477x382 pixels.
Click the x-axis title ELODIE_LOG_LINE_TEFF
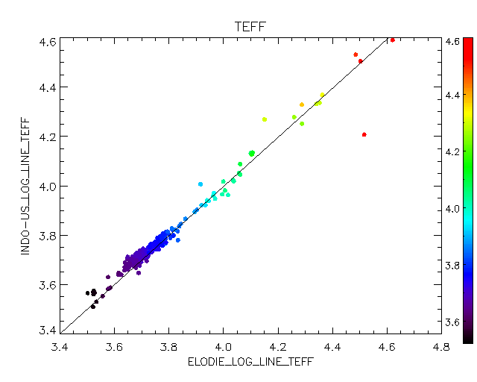click(250, 362)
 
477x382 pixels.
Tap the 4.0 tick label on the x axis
click(223, 347)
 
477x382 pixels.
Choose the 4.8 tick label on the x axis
click(440, 347)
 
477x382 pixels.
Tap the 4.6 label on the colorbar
click(452, 43)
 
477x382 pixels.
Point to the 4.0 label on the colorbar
click(452, 209)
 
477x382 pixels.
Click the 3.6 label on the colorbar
click(452, 322)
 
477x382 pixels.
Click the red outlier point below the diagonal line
click(364, 134)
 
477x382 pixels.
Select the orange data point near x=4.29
click(302, 104)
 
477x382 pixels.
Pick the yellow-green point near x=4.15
click(265, 119)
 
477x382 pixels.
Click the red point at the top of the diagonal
click(392, 40)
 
